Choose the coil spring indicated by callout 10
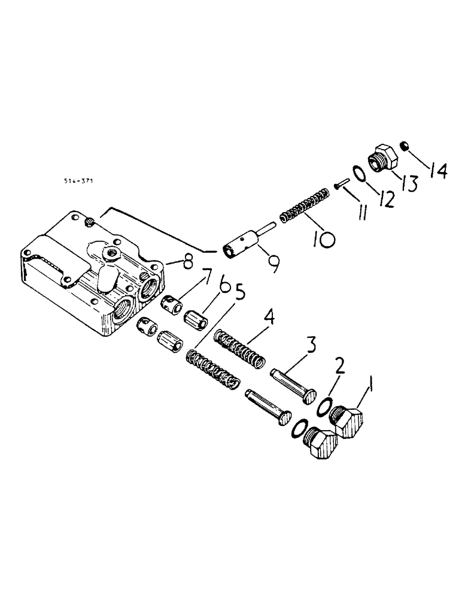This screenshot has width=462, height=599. pyautogui.click(x=305, y=205)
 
